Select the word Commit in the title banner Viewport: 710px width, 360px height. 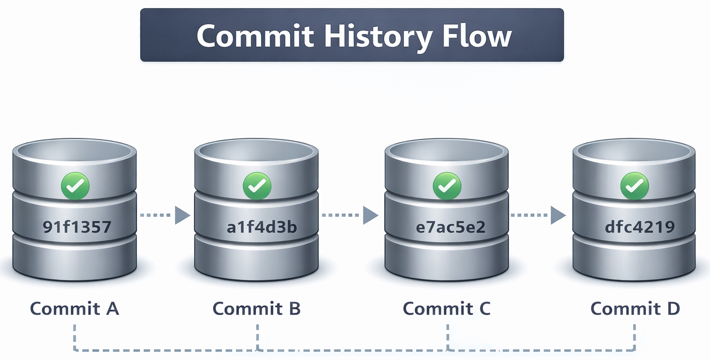255,36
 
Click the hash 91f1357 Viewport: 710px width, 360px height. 77,227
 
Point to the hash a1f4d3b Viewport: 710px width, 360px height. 262,227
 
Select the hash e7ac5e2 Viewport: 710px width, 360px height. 450,227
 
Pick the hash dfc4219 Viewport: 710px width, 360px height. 639,227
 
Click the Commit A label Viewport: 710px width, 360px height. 75,309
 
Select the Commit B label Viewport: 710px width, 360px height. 256,309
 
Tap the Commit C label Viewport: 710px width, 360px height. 446,309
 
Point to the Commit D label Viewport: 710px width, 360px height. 635,309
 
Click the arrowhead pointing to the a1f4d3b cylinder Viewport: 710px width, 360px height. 182,215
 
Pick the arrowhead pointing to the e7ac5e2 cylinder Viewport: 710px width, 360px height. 370,215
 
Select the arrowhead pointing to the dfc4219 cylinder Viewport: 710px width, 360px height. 557,215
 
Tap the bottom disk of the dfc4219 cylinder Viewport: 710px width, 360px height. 635,261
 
